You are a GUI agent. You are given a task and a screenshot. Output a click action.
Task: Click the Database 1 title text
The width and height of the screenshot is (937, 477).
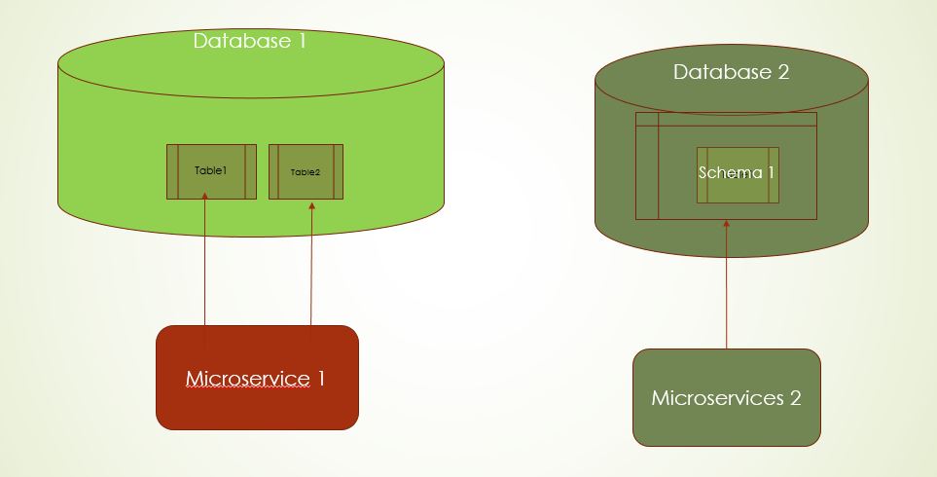249,41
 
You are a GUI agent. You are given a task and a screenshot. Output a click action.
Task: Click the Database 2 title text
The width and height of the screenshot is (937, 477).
731,72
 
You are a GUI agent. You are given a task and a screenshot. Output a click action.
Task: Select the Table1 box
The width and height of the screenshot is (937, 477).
211,171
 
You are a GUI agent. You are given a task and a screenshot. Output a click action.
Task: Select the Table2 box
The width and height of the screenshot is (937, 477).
306,172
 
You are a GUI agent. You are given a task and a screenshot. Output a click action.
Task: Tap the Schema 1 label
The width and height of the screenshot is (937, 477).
737,172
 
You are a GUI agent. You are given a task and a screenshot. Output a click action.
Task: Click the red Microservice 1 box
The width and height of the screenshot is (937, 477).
257,378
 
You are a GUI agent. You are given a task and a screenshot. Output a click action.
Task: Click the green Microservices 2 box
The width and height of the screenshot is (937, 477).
726,397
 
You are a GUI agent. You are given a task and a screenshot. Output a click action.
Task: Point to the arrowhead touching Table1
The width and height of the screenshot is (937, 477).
205,197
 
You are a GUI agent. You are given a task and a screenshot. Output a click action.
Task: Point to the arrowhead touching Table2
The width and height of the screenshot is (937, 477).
311,204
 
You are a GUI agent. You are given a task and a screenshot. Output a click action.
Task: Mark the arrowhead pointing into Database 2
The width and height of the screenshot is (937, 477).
727,224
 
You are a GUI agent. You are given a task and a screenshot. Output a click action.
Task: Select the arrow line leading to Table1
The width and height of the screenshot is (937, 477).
205,263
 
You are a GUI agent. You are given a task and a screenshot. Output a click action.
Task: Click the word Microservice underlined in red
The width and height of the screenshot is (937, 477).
247,378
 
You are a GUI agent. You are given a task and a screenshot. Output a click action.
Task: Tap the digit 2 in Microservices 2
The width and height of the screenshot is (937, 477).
795,398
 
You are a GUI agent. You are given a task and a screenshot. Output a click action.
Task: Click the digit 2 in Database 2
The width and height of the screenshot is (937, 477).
782,72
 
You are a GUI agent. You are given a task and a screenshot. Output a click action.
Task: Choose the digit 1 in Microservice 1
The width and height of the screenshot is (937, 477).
320,378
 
